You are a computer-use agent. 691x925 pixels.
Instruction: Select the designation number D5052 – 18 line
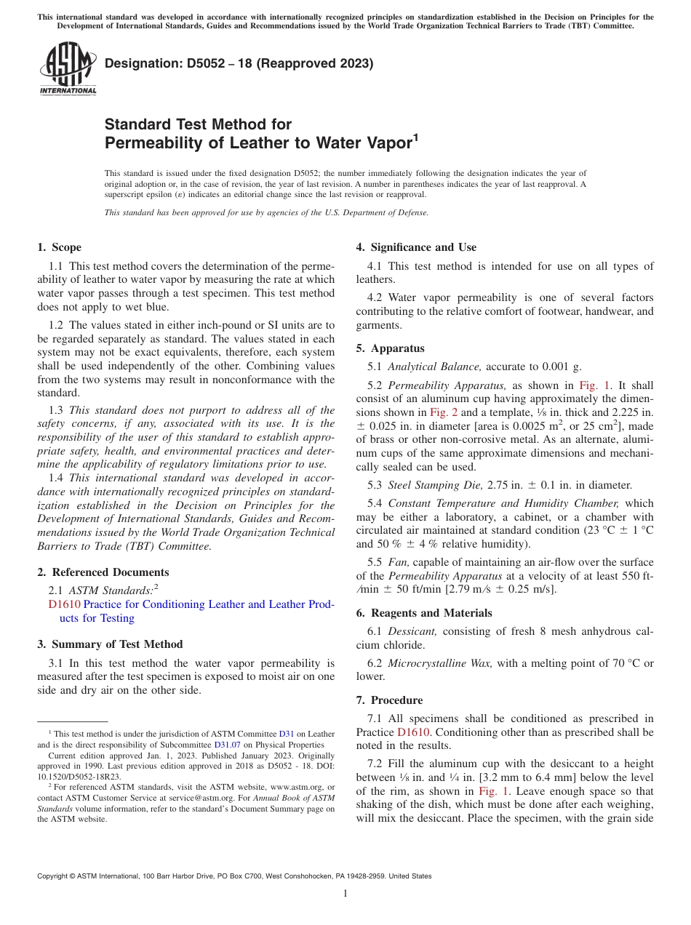pos(239,63)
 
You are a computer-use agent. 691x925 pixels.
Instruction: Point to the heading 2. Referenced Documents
pos(103,572)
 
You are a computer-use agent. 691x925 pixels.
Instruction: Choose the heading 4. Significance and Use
pos(416,247)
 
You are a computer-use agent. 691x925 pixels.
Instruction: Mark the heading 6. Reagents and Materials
pos(424,613)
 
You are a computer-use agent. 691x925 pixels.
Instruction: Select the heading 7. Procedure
pos(389,700)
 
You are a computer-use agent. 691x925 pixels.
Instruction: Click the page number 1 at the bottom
pos(345,893)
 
